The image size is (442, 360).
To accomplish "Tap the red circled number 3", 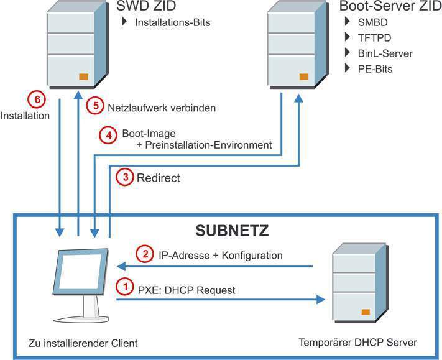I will [x=126, y=178].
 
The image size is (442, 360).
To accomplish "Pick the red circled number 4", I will [x=108, y=134].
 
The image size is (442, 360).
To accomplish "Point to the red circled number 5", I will [x=94, y=106].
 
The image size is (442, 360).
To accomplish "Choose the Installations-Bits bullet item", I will [x=172, y=23].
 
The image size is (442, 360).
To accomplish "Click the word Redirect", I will [x=159, y=178].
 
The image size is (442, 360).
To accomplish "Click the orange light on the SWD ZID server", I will [x=83, y=77].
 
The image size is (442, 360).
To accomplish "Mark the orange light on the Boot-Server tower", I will [x=304, y=77].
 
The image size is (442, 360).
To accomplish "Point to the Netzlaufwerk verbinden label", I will [x=162, y=108].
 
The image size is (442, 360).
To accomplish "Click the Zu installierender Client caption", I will [x=83, y=343].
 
